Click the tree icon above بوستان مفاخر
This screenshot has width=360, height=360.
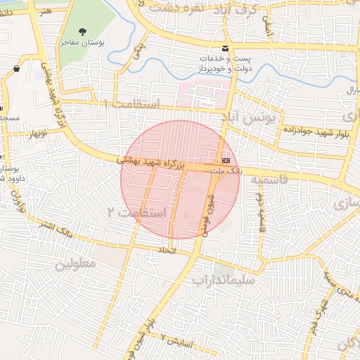point(84,32)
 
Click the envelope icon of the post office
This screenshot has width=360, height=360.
point(225,48)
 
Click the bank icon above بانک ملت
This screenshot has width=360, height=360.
point(226,160)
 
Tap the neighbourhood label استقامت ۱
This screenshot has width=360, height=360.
point(132,103)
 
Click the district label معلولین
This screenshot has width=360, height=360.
point(75,264)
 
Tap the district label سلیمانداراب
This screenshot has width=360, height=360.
point(223,280)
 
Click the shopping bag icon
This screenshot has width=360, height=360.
point(16,69)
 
